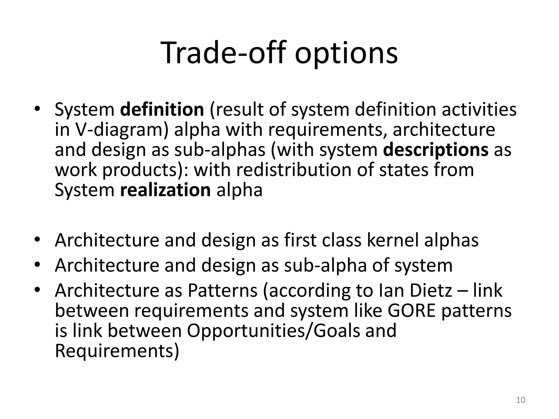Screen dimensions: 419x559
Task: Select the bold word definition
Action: pyautogui.click(x=162, y=109)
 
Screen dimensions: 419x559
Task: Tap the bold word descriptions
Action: pyautogui.click(x=436, y=150)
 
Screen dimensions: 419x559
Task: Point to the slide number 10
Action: pyautogui.click(x=521, y=400)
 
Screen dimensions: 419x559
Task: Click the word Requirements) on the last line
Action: pyautogui.click(x=117, y=351)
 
